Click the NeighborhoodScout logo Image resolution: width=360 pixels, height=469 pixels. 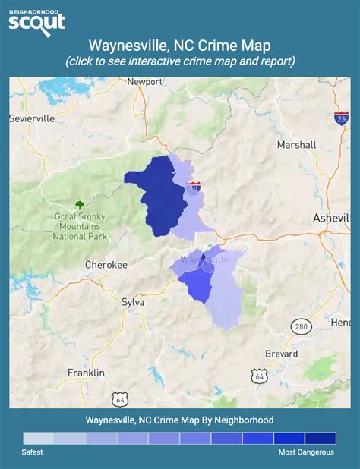coord(36,20)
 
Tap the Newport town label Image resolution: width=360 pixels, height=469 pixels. coord(145,81)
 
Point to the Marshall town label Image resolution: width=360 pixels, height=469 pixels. coord(296,145)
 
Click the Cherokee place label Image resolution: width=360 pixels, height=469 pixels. coord(105,264)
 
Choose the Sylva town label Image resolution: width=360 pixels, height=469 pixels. coord(133,301)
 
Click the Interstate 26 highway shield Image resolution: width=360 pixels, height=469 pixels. coord(341,118)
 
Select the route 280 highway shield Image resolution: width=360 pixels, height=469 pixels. coord(301,326)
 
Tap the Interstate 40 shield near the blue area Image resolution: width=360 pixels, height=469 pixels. coord(195,185)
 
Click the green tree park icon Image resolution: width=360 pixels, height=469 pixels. coord(80,204)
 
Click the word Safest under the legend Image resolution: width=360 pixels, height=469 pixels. coord(32,452)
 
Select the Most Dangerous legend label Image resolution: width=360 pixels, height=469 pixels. coord(305,452)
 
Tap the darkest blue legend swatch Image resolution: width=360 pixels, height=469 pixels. coord(321,438)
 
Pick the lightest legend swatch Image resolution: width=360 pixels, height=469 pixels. coord(38,438)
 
